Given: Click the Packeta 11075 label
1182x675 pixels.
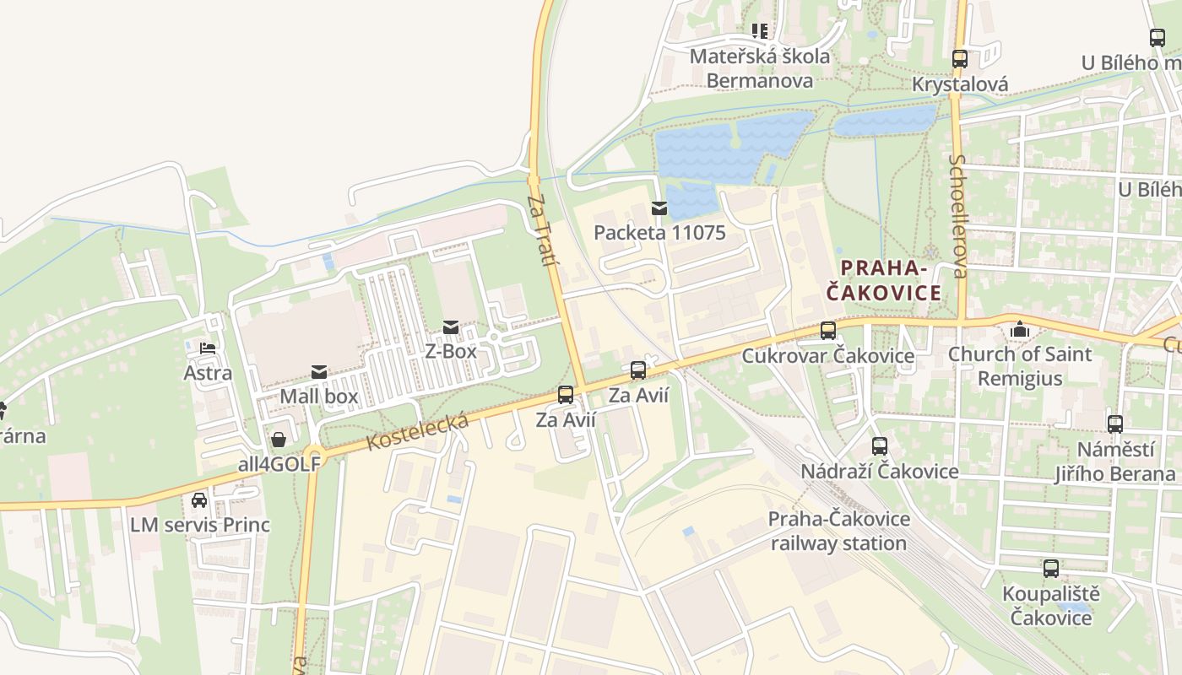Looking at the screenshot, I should [659, 232].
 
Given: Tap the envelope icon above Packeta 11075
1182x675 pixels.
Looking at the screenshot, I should [659, 208].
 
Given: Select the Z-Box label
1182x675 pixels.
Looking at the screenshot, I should [451, 351].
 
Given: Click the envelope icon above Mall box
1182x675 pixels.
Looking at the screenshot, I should [319, 372].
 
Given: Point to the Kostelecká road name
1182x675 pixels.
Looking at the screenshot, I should [418, 433].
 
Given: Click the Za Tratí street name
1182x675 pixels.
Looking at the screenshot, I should [543, 230].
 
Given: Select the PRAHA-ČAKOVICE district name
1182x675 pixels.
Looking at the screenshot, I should [883, 281].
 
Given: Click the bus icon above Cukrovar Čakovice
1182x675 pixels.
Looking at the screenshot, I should [827, 331].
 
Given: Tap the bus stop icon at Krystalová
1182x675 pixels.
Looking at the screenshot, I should [959, 59].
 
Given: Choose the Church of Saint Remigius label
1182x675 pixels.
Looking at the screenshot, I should [1020, 365].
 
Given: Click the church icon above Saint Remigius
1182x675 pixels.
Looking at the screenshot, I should [1020, 329].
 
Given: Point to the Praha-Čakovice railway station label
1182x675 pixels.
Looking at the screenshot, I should [838, 531].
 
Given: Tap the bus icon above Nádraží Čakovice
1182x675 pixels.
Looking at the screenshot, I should [880, 446].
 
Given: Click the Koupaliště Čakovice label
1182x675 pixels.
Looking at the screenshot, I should [1047, 606].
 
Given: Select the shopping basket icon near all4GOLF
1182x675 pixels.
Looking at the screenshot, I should [279, 440].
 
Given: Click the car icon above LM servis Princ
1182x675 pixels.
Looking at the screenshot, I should [199, 500].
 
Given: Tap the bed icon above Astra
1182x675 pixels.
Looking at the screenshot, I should [208, 348].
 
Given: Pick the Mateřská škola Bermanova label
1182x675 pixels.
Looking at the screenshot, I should [760, 68].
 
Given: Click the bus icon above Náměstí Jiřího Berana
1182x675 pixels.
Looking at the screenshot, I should [1114, 424].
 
